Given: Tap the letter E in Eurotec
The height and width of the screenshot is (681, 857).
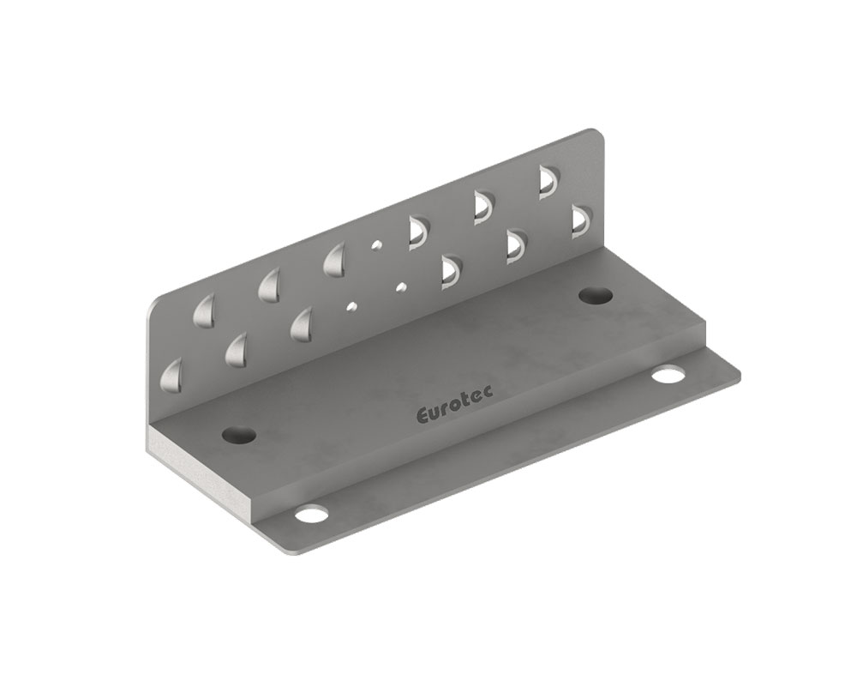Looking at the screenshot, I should pyautogui.click(x=422, y=418).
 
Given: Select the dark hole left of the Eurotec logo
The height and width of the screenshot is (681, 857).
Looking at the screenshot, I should pyautogui.click(x=239, y=434).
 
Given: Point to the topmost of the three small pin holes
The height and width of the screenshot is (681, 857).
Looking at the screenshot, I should pyautogui.click(x=375, y=245).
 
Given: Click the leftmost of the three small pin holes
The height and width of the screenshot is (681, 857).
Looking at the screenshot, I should pyautogui.click(x=350, y=304).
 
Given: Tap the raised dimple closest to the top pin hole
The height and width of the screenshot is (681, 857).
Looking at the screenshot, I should pyautogui.click(x=336, y=261).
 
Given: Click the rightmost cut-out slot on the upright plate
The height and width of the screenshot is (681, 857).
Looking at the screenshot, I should pyautogui.click(x=580, y=220).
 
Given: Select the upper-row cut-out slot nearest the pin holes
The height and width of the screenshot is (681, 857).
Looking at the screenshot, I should pyautogui.click(x=417, y=230).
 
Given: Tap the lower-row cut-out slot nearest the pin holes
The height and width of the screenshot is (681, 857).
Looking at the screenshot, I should pyautogui.click(x=449, y=268).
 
